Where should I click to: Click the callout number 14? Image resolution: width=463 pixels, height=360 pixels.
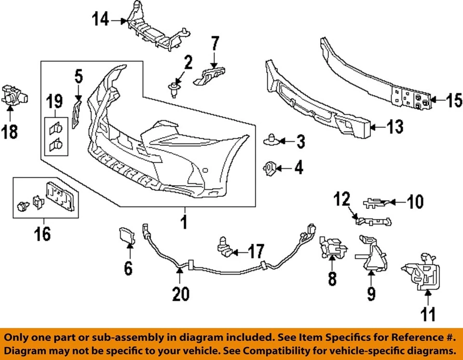coord(101,20)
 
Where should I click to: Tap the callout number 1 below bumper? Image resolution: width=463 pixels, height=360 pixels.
coord(184,223)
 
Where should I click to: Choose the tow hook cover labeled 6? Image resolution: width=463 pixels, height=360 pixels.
coord(127,236)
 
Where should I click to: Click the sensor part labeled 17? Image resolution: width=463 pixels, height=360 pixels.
coord(226,248)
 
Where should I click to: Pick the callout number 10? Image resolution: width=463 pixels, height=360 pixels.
coord(413,201)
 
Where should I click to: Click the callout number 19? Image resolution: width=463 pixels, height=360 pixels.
coord(54,102)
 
